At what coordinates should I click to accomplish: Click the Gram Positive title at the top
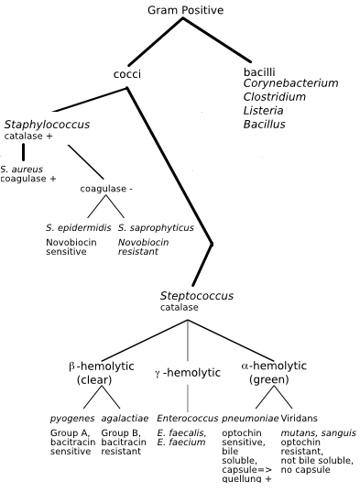tap(185, 10)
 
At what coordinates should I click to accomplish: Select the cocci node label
tap(126, 74)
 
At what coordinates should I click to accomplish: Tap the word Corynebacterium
tap(290, 83)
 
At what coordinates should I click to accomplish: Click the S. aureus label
tap(21, 169)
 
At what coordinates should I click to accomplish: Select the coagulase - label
tap(106, 189)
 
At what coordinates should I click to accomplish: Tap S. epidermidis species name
tap(78, 227)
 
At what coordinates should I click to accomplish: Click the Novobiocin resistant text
tap(143, 246)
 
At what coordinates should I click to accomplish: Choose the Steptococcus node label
tap(196, 296)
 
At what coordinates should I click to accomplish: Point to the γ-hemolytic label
tap(188, 373)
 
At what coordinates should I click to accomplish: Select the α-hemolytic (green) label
tap(274, 372)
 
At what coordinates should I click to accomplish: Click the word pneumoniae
tap(250, 418)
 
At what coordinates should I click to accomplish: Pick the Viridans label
tap(299, 418)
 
